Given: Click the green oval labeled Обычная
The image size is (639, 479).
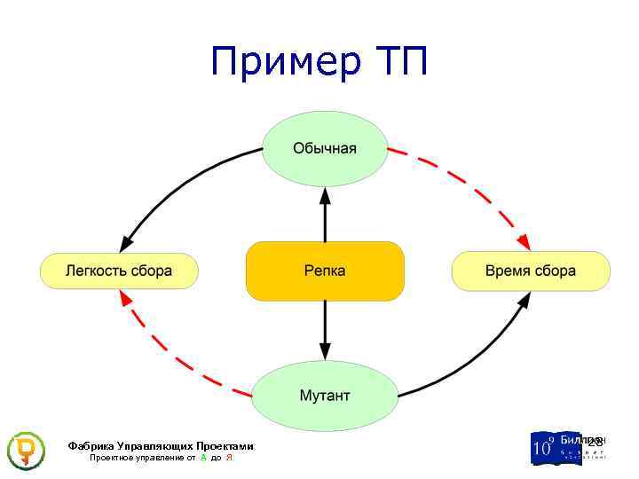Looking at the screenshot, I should [325, 148].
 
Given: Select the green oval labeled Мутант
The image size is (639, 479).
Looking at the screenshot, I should [325, 395].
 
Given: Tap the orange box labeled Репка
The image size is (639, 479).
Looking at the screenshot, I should [325, 271].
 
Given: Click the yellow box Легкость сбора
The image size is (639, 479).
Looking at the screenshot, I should [119, 271].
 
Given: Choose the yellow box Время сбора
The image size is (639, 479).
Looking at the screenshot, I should [531, 271].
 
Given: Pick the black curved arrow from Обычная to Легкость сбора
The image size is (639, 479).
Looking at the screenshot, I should [177, 177].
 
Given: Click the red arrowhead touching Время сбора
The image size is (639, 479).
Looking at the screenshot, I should [525, 242].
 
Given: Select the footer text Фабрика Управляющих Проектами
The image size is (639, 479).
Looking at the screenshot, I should [161, 446].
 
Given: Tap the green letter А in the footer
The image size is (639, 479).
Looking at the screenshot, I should [203, 458].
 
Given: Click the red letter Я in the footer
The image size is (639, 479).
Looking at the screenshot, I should [229, 458].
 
